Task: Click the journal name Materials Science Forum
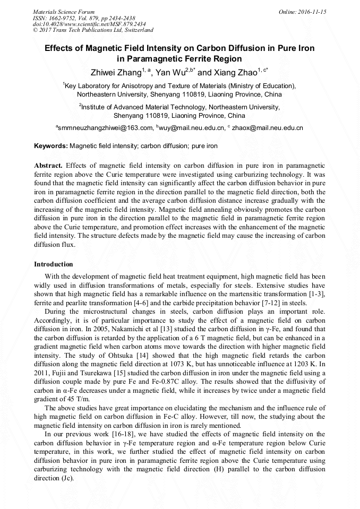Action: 64,11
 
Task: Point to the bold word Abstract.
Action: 48,165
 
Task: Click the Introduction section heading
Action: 54,264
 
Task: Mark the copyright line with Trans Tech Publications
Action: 93,30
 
